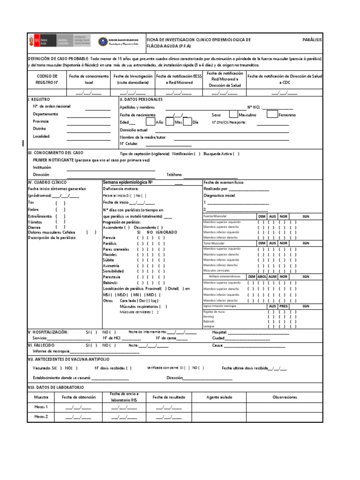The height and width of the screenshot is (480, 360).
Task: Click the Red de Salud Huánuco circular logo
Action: tap(103, 42)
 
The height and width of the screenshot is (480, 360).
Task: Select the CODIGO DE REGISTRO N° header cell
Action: tap(47, 79)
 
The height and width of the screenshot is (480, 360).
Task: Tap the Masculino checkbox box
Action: tap(232, 114)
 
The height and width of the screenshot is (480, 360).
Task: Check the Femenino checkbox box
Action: tap(272, 114)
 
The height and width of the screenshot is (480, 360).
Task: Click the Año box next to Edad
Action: tap(150, 122)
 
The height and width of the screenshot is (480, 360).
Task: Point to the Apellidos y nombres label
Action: tap(137, 107)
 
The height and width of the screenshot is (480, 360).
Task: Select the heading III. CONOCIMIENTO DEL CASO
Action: tap(56, 153)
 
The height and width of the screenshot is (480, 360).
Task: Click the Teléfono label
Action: tap(174, 174)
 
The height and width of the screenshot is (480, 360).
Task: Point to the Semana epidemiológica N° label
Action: tap(128, 182)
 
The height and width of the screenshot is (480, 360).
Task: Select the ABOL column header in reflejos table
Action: tap(262, 277)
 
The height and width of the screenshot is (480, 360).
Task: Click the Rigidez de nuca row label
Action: tap(215, 311)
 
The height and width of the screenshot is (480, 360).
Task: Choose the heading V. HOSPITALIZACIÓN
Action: tap(48, 332)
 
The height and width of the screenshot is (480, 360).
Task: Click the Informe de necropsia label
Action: tap(51, 351)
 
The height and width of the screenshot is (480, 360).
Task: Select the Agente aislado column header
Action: tap(219, 397)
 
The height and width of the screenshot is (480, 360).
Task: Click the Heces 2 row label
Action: tap(41, 416)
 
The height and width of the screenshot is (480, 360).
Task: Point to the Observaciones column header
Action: tap(285, 397)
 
